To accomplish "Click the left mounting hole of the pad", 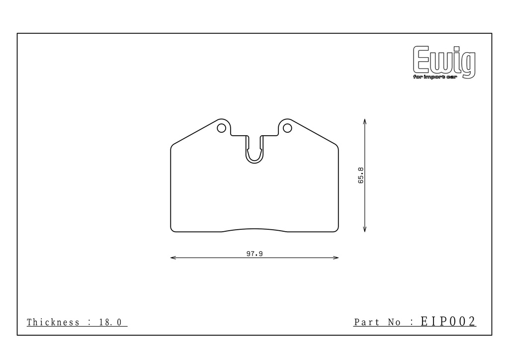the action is [x=221, y=128].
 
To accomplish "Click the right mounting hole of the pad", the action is [x=287, y=128].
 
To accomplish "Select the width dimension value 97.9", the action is [x=254, y=254].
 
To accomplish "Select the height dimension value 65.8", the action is [x=361, y=176].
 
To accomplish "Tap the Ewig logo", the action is [x=444, y=62].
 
